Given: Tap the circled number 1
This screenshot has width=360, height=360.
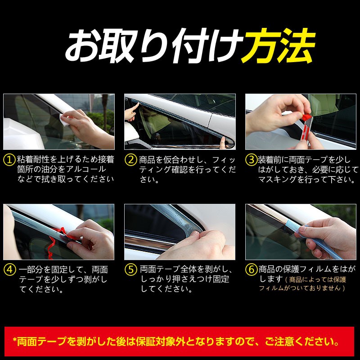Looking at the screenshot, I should click(x=9, y=160).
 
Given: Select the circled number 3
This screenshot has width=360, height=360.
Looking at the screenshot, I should click(x=251, y=160).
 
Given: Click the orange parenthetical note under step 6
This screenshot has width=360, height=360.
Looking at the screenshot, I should click(x=310, y=284).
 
